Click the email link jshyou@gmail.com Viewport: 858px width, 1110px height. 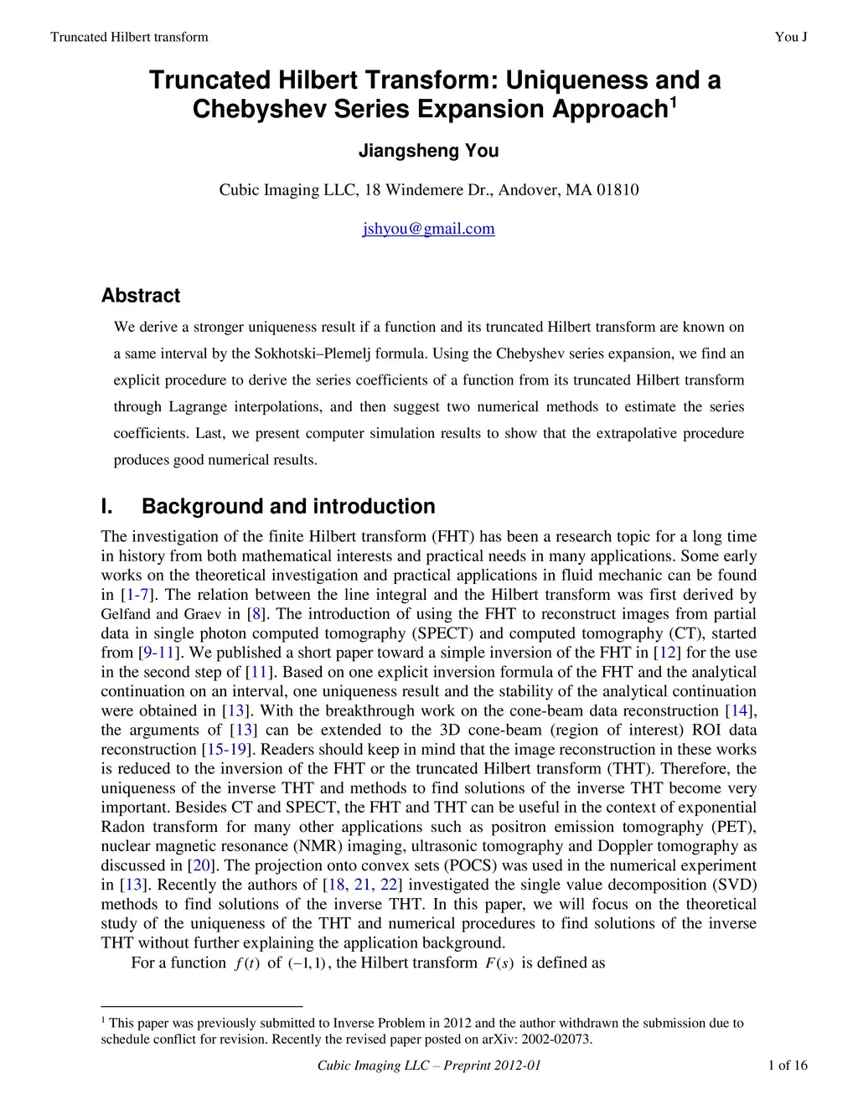click(x=428, y=229)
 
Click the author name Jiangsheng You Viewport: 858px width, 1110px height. click(x=428, y=151)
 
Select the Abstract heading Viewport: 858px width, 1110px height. click(x=140, y=296)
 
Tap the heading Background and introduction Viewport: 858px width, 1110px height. click(x=288, y=507)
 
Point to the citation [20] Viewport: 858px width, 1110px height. click(x=201, y=865)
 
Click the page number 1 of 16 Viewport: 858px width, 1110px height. click(x=788, y=1066)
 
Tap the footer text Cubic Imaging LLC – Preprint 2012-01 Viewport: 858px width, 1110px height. click(x=428, y=1066)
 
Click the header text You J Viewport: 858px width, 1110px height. click(x=791, y=37)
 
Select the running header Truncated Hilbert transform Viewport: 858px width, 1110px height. click(x=129, y=37)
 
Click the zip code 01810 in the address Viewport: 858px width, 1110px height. click(x=618, y=190)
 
